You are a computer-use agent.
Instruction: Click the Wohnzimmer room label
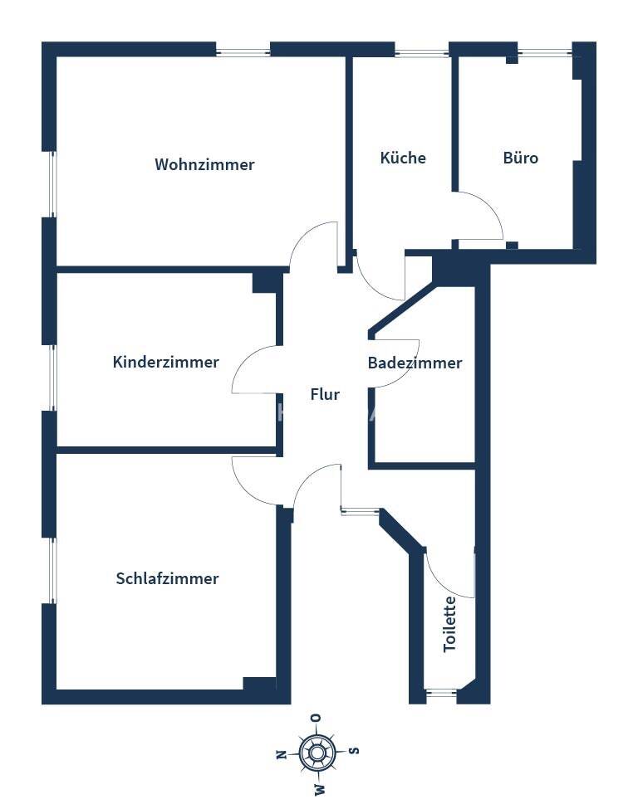coord(204,164)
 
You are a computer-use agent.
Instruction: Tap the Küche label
coord(403,158)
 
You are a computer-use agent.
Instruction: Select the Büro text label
coord(521,158)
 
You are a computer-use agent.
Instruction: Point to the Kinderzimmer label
coord(166,362)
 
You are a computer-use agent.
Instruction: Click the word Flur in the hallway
coord(325,394)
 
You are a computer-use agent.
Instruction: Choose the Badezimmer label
coord(415,363)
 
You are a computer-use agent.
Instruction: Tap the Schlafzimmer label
coord(167,578)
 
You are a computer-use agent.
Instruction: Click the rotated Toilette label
coord(449,624)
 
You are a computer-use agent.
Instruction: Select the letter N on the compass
coord(281,755)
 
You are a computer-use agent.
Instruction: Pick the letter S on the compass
coord(354,751)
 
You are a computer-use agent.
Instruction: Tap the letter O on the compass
coord(317,718)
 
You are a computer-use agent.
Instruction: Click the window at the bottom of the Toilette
coord(441,694)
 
